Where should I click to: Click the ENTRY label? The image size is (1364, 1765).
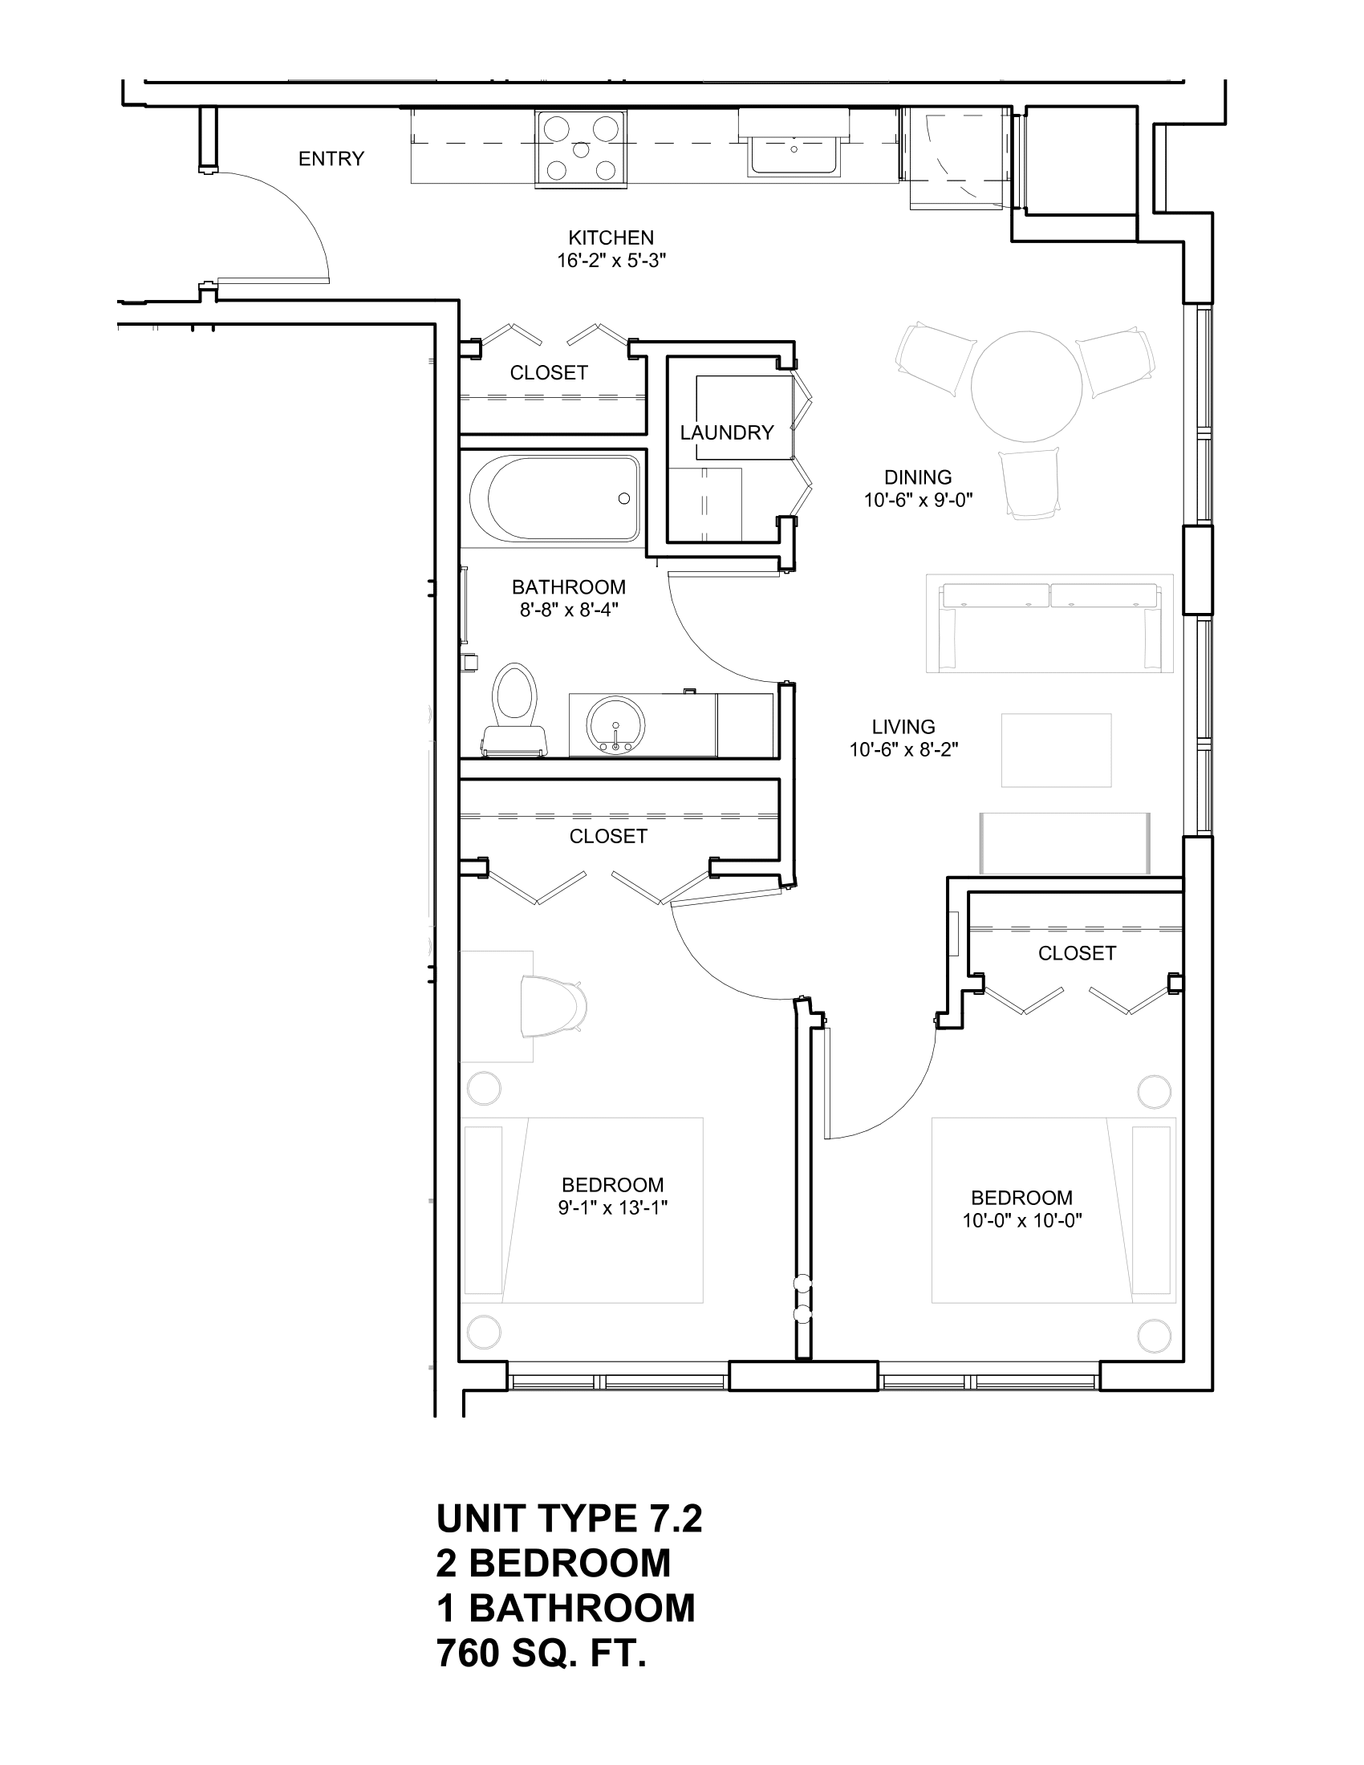(331, 159)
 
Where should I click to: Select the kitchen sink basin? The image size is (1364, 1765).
(794, 153)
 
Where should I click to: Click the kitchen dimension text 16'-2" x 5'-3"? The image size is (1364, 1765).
(611, 261)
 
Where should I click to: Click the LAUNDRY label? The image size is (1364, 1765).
(726, 433)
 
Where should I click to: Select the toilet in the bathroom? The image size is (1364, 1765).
(516, 705)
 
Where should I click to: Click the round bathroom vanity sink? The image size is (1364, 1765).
(616, 725)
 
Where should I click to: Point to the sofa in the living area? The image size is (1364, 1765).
(1049, 624)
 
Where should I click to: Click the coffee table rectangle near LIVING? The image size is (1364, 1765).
(1056, 750)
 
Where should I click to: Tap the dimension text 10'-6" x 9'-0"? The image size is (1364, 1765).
(918, 501)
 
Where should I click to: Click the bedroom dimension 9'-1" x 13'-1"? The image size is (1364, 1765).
(612, 1208)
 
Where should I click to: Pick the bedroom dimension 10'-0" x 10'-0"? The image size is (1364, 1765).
(1021, 1221)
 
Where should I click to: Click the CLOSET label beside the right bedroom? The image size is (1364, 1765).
(1076, 954)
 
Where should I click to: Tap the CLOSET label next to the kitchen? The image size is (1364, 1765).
(549, 372)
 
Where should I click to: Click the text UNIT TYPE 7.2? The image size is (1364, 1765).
(569, 1520)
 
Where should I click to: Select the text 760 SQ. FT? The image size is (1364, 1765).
(542, 1654)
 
